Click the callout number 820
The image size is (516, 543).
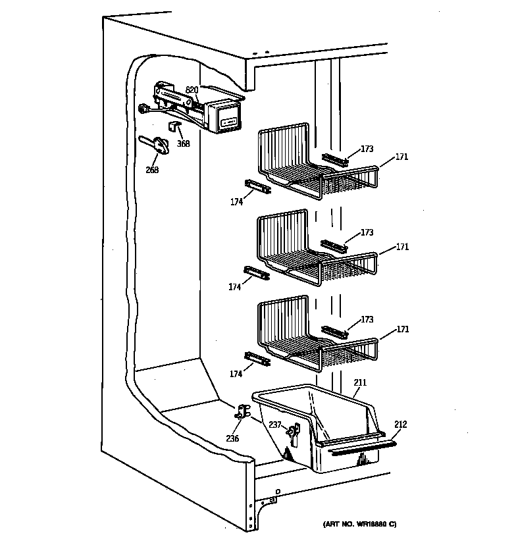point(192,90)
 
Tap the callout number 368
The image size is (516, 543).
point(183,143)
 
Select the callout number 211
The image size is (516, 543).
point(360,382)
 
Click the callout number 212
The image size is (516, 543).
point(401,425)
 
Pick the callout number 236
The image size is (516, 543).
point(232,438)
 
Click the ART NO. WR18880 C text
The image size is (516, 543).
point(359,524)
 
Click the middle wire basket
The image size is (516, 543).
point(309,250)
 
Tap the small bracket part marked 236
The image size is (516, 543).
point(242,413)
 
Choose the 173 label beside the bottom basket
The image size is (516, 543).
point(367,319)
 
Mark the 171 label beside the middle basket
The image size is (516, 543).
point(402,247)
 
